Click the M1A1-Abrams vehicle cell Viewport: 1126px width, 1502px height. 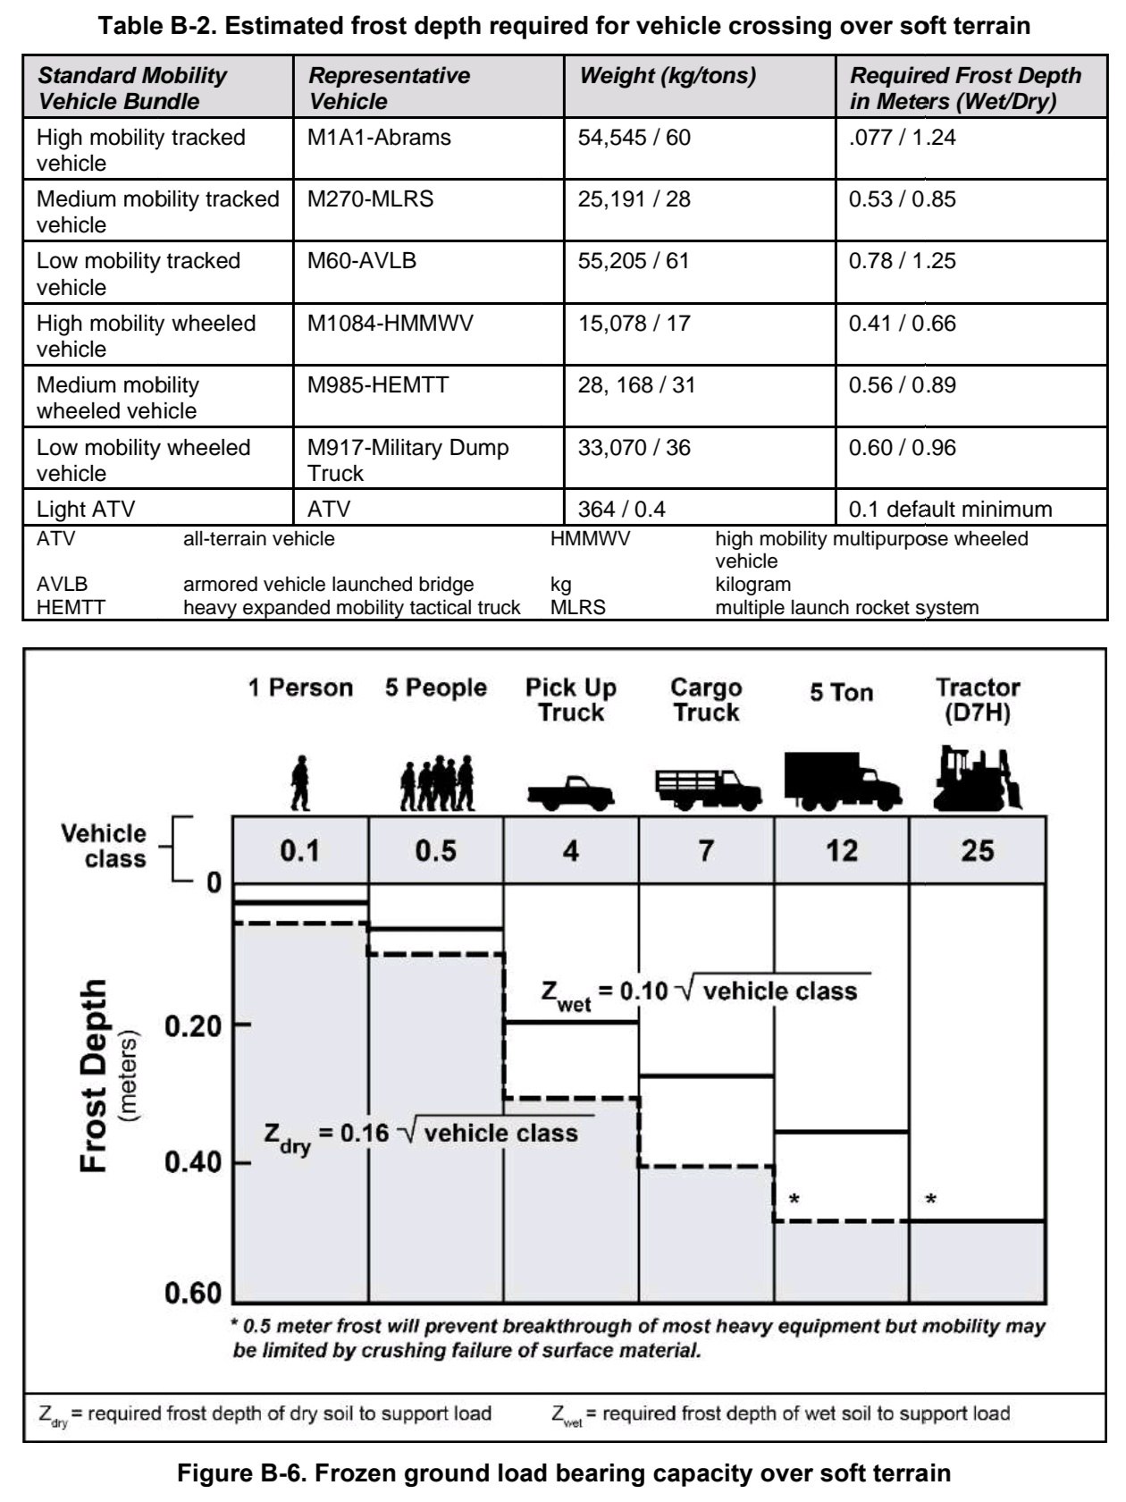point(379,138)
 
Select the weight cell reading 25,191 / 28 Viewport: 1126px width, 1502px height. point(634,198)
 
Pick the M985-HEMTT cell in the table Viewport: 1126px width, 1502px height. point(378,385)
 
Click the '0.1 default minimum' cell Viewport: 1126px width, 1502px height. point(950,510)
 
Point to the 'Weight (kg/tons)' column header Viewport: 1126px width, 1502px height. point(668,76)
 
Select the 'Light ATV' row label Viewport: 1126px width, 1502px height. point(86,510)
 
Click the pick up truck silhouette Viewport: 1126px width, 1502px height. point(570,790)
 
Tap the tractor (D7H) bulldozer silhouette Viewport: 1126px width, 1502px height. point(977,780)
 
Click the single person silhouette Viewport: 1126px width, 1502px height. point(300,783)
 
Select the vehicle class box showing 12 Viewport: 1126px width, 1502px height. point(841,850)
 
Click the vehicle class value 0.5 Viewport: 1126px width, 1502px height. point(435,850)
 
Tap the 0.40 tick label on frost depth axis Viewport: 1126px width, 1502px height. point(193,1163)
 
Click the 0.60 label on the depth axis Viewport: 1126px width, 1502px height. point(193,1294)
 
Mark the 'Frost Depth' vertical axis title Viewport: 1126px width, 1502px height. point(95,1076)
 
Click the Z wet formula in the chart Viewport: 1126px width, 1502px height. point(699,992)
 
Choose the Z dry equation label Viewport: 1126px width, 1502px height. point(421,1135)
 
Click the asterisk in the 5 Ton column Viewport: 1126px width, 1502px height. point(794,1199)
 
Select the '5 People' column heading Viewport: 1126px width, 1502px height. point(436,688)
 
